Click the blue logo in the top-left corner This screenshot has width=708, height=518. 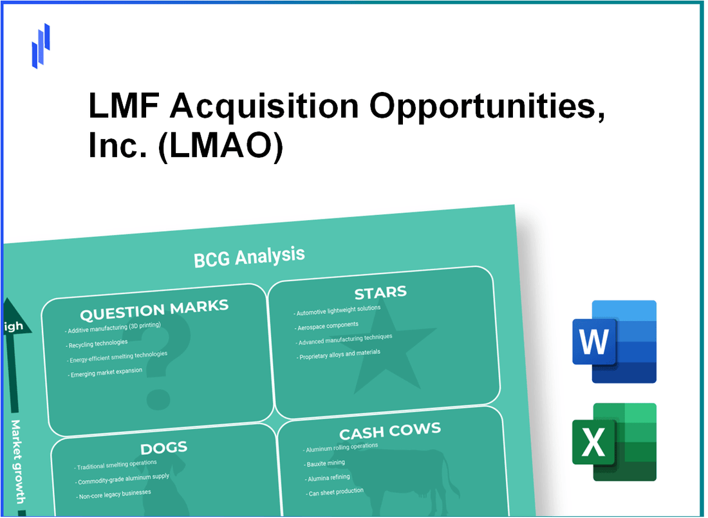tap(41, 46)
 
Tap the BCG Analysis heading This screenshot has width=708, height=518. tap(249, 257)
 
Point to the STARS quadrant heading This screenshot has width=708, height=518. tap(380, 293)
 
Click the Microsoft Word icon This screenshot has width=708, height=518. tap(614, 342)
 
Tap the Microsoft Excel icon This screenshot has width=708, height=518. tap(614, 442)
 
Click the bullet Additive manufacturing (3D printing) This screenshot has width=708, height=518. tap(113, 328)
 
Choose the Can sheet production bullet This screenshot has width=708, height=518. tap(335, 492)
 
